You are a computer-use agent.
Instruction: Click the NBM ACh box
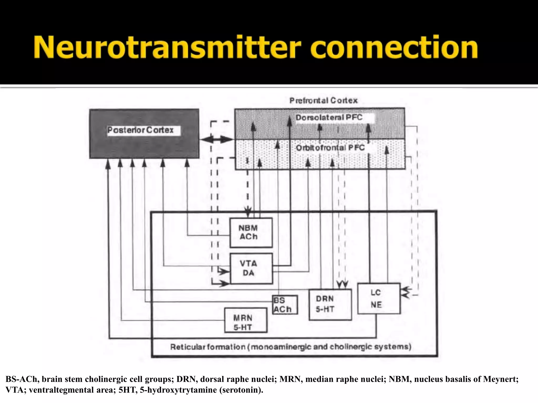[251, 232]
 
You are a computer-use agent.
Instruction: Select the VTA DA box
[251, 268]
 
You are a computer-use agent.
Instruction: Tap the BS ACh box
[285, 305]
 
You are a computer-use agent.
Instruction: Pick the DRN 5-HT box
[330, 304]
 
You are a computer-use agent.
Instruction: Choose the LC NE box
[379, 299]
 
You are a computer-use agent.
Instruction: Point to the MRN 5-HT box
[246, 320]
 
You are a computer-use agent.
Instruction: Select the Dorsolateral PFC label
[329, 118]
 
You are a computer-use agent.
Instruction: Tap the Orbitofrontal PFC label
[330, 148]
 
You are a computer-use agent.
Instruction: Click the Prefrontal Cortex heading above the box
[323, 100]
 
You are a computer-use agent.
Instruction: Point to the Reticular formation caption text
[291, 347]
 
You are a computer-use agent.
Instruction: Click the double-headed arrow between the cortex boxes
[216, 140]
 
